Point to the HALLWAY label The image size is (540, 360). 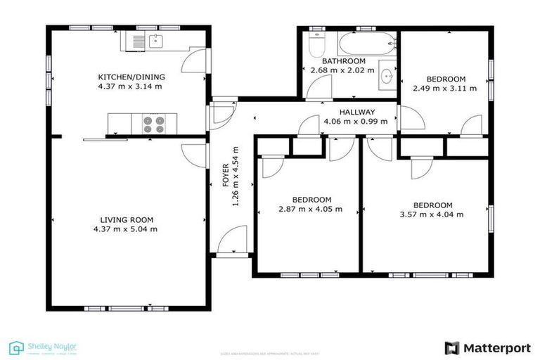(x=357, y=112)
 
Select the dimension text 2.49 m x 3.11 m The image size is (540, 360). (x=444, y=89)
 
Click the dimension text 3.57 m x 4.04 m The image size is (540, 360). (x=432, y=215)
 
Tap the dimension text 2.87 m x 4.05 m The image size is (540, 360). (x=310, y=209)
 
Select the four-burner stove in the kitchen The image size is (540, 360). (x=153, y=124)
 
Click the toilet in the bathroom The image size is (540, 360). (x=317, y=45)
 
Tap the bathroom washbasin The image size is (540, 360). (x=386, y=76)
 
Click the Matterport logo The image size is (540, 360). (x=488, y=347)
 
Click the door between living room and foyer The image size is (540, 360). (x=193, y=153)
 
